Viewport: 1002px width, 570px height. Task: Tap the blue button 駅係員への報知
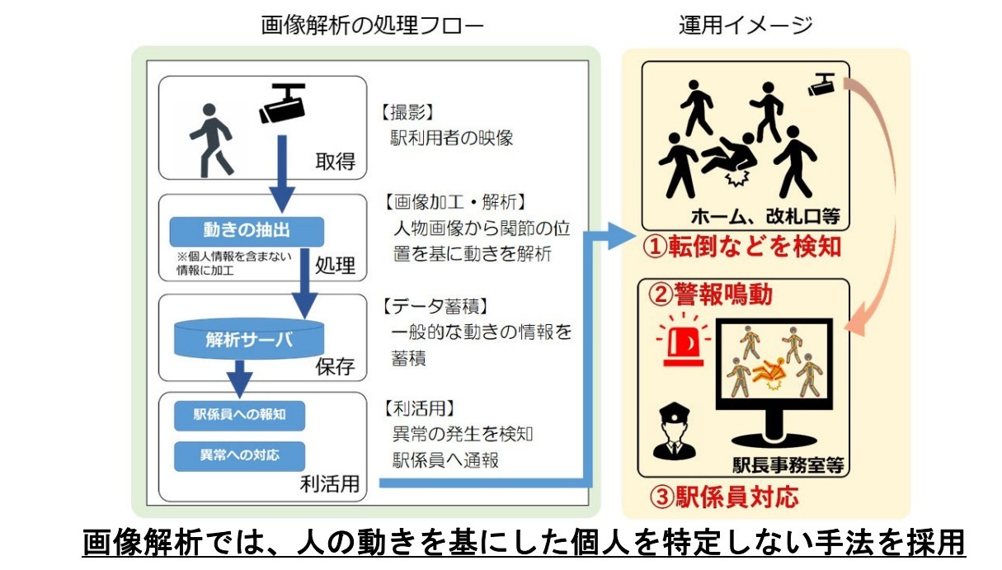pyautogui.click(x=239, y=415)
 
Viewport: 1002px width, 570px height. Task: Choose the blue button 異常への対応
pyautogui.click(x=239, y=455)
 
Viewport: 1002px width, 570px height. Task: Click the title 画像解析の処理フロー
pyautogui.click(x=372, y=26)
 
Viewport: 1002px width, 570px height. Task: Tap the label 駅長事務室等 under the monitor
pyautogui.click(x=788, y=464)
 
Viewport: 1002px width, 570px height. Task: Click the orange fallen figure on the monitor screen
pyautogui.click(x=771, y=371)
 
